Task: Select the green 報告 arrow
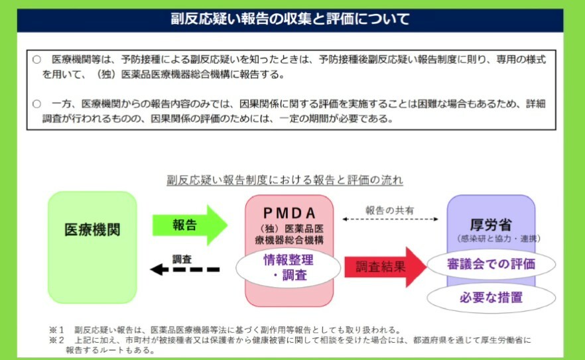click(189, 225)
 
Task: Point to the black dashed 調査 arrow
click(184, 269)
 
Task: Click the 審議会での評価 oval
click(491, 264)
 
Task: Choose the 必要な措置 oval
click(491, 298)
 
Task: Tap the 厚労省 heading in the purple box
click(491, 224)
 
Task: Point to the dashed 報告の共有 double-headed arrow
click(390, 219)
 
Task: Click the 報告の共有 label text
click(390, 210)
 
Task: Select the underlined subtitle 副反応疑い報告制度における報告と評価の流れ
click(285, 180)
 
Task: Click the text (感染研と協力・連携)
click(491, 238)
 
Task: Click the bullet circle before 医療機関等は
click(37, 60)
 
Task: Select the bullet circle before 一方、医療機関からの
click(37, 104)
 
